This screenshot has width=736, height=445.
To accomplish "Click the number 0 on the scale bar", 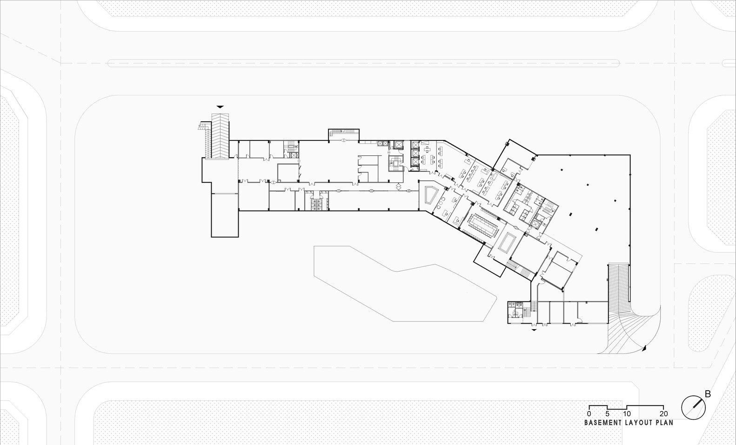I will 589,414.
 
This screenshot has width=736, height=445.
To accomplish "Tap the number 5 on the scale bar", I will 608,414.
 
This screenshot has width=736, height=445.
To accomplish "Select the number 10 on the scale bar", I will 627,414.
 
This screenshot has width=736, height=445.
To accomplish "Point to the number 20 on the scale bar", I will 664,414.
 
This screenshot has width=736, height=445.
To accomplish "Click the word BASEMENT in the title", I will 603,423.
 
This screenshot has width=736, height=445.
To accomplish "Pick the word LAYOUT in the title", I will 640,423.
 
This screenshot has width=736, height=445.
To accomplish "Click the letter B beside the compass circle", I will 708,394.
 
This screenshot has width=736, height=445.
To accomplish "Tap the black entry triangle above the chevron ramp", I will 220,106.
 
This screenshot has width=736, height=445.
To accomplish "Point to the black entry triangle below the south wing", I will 534,330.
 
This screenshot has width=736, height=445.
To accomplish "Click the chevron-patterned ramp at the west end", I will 220,135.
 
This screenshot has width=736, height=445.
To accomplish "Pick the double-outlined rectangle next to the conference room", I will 507,242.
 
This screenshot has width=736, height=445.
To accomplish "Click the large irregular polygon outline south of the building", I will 395,284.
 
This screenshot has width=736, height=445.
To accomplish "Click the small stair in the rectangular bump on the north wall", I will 343,134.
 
